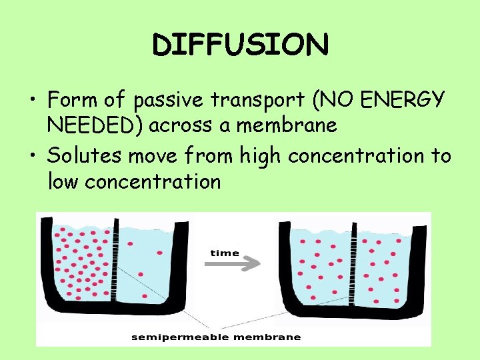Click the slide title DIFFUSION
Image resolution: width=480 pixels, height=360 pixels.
tap(240, 45)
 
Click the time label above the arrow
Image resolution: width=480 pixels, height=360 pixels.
tap(225, 253)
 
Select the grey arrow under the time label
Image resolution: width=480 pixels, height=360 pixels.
tap(232, 264)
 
